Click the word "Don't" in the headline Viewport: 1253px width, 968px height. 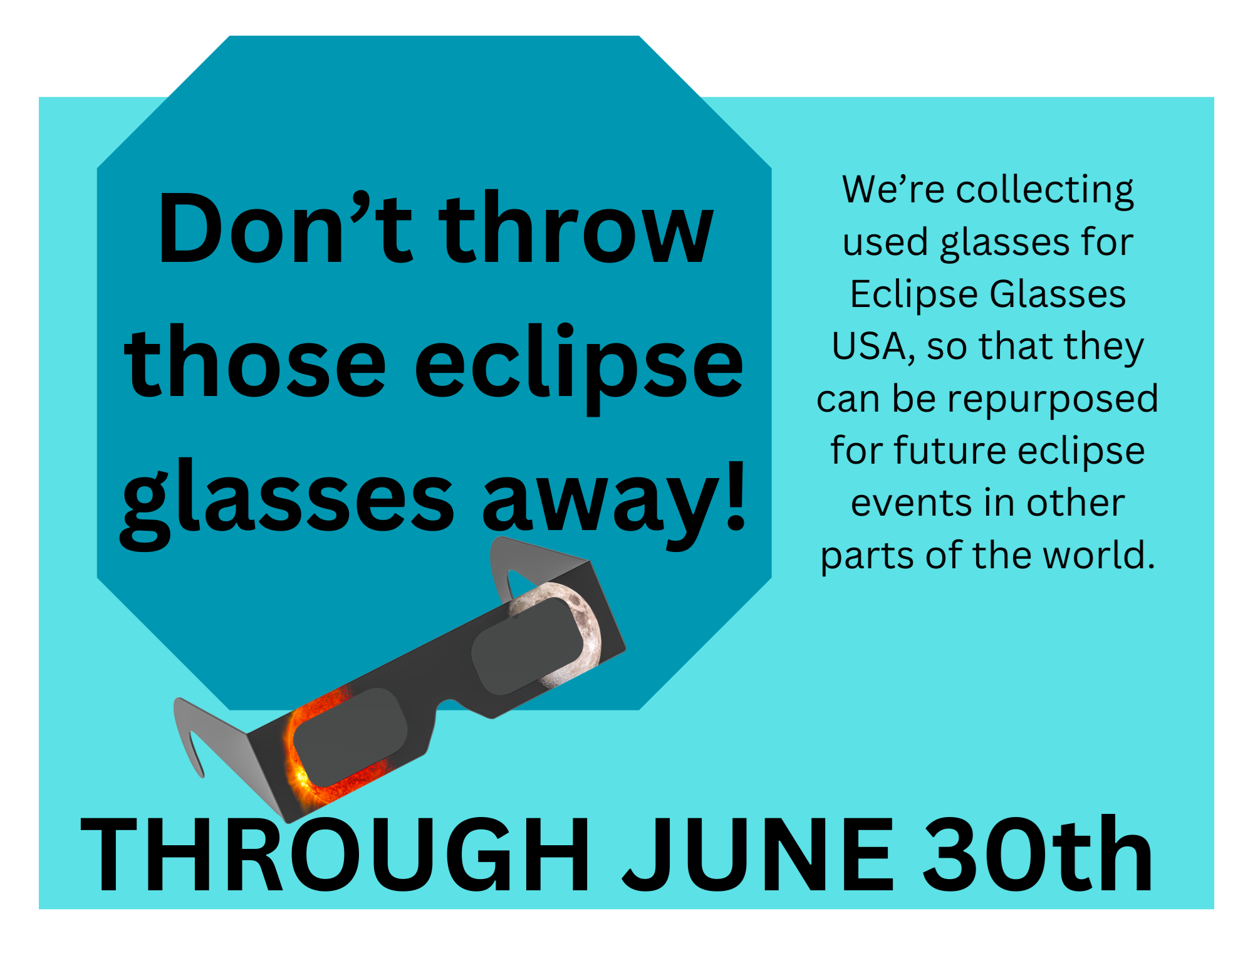(x=285, y=227)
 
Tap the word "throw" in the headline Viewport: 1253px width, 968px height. (x=576, y=227)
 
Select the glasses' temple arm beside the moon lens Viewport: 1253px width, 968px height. (x=533, y=561)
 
